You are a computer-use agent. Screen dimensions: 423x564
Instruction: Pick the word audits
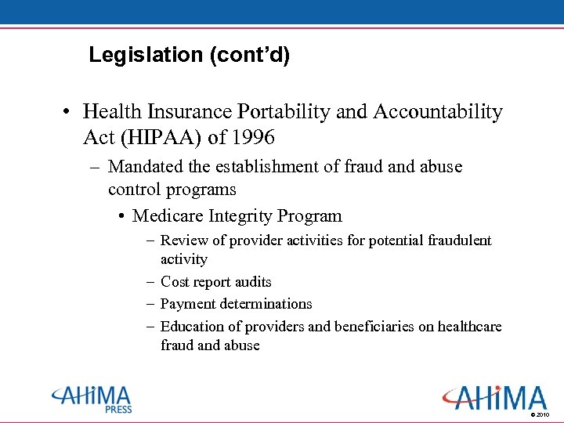[x=252, y=281]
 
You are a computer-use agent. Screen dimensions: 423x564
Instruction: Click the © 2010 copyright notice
[x=540, y=414]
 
